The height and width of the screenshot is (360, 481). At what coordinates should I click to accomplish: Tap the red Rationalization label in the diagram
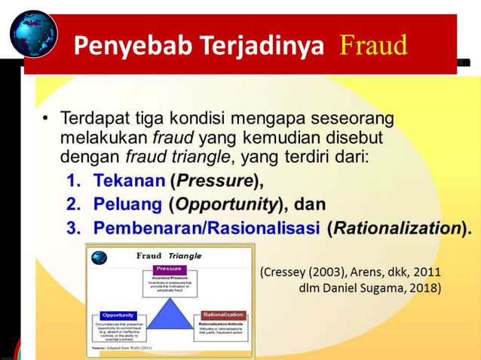click(223, 315)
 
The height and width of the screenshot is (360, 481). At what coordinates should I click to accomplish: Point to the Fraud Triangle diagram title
click(168, 255)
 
